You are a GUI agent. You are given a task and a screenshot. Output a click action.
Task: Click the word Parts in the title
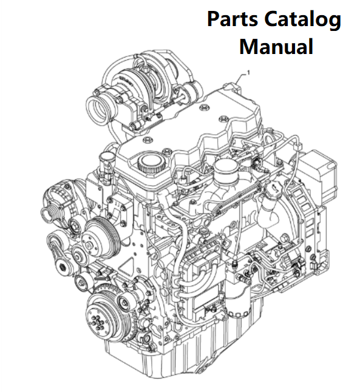233,19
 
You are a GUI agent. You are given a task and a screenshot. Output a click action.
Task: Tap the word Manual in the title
276,46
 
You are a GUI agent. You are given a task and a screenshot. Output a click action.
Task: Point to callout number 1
248,72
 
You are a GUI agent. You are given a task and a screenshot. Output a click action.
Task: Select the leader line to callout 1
240,78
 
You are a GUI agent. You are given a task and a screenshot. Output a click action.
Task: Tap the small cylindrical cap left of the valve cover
106,158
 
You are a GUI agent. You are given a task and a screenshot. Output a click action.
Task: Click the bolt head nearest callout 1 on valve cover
203,107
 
